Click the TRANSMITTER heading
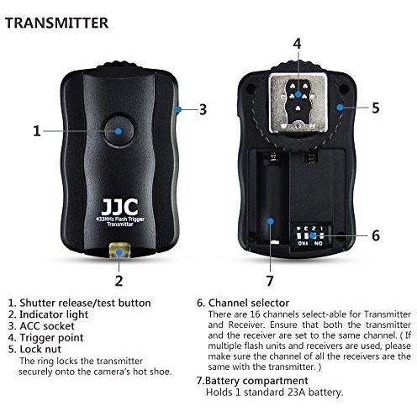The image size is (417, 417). point(56,23)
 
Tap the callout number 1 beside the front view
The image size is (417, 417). point(37,131)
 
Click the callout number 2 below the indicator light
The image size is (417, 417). point(119,281)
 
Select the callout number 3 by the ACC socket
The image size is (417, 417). point(203,109)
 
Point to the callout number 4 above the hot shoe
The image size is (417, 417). point(297,44)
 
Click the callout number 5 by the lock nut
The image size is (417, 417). point(376,108)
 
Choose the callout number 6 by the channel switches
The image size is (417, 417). point(376,235)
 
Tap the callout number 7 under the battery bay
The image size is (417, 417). point(270,281)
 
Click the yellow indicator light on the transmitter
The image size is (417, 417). point(119,251)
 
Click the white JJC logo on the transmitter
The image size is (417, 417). point(119,207)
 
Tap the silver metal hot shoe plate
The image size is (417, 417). point(298,103)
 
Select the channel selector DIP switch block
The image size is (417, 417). point(310,235)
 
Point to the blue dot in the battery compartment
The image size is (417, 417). point(270,221)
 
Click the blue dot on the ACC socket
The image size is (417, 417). point(178,109)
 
